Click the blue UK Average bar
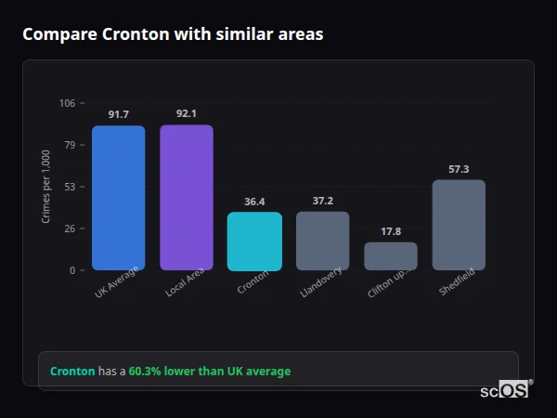(118, 198)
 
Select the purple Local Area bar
(187, 198)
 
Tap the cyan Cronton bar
(254, 242)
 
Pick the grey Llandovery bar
(323, 241)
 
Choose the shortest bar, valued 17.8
(391, 256)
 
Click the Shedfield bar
(459, 225)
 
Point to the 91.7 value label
(118, 114)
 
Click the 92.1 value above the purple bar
(187, 113)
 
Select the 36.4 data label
(254, 202)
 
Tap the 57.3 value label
(459, 169)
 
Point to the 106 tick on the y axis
(67, 103)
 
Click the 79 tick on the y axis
(70, 145)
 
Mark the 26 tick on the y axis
(70, 229)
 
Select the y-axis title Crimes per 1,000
(45, 187)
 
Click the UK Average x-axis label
(117, 281)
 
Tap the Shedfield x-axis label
(454, 281)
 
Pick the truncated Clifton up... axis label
(387, 281)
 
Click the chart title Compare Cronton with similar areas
(173, 34)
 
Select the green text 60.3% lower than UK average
(210, 372)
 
